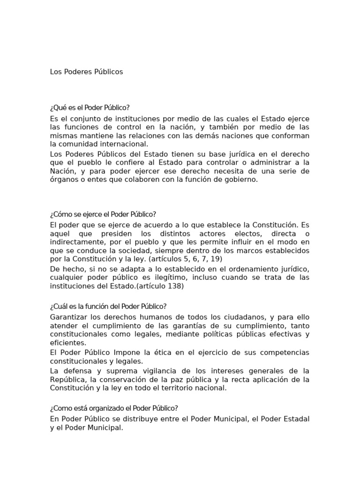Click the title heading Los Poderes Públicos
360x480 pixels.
86,72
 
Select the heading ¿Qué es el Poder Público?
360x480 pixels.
89,108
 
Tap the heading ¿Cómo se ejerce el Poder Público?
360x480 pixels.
103,214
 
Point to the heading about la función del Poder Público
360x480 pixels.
108,307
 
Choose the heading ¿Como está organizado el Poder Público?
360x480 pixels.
114,408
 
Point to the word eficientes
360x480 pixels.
67,343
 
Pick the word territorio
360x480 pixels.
172,388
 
